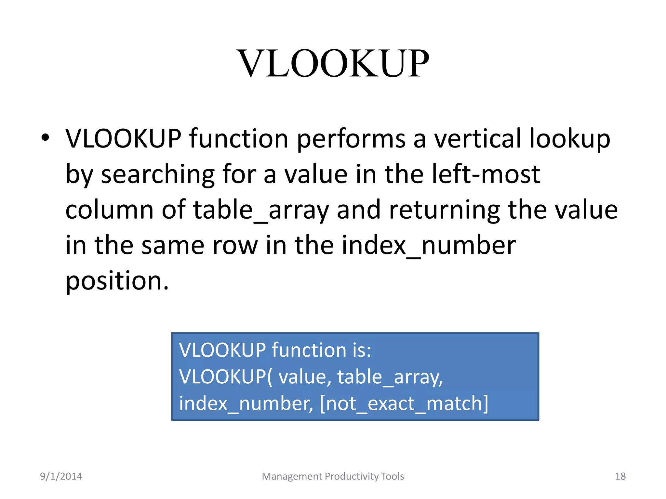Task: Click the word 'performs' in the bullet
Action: point(351,139)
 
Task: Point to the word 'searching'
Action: point(158,174)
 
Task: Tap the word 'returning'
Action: point(444,210)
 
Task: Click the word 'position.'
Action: point(117,281)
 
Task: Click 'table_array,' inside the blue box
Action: point(390,377)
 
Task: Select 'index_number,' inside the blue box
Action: point(246,403)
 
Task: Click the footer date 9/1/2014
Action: point(61,476)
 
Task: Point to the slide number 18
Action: point(620,476)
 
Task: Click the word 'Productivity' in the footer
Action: point(352,476)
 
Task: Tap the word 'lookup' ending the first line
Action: point(569,139)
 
